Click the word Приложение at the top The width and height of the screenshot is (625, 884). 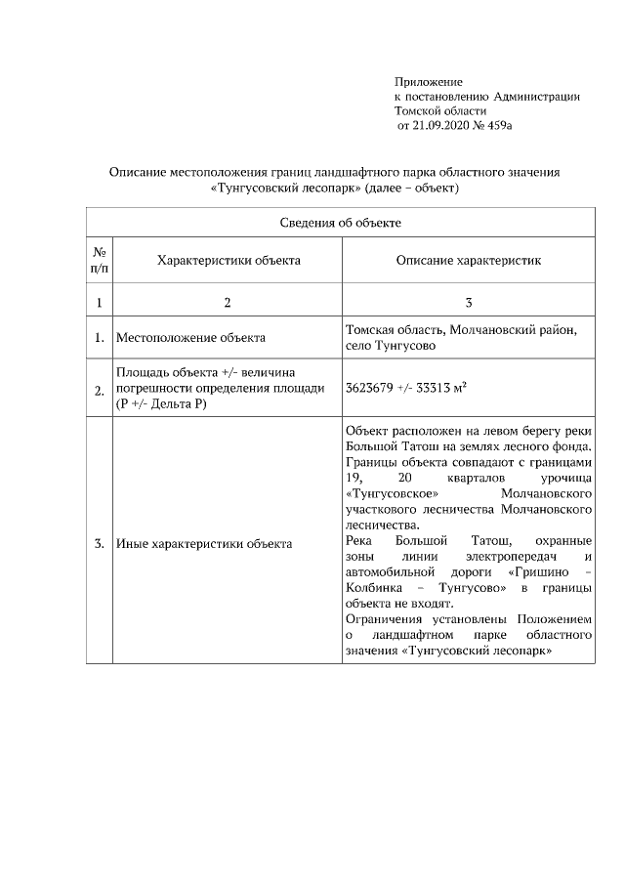point(429,81)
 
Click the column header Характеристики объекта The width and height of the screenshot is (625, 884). point(228,261)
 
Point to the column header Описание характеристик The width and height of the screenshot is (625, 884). point(469,261)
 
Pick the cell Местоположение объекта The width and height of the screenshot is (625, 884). point(190,338)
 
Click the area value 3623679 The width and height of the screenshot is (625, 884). point(369,388)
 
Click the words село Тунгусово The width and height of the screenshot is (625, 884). point(391,346)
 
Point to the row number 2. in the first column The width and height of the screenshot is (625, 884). point(100,390)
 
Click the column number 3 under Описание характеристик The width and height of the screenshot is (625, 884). point(469,303)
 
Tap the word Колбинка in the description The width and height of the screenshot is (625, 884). point(373,588)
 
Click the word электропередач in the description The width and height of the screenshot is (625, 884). point(500,557)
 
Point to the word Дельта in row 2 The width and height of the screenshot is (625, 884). point(173,404)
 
